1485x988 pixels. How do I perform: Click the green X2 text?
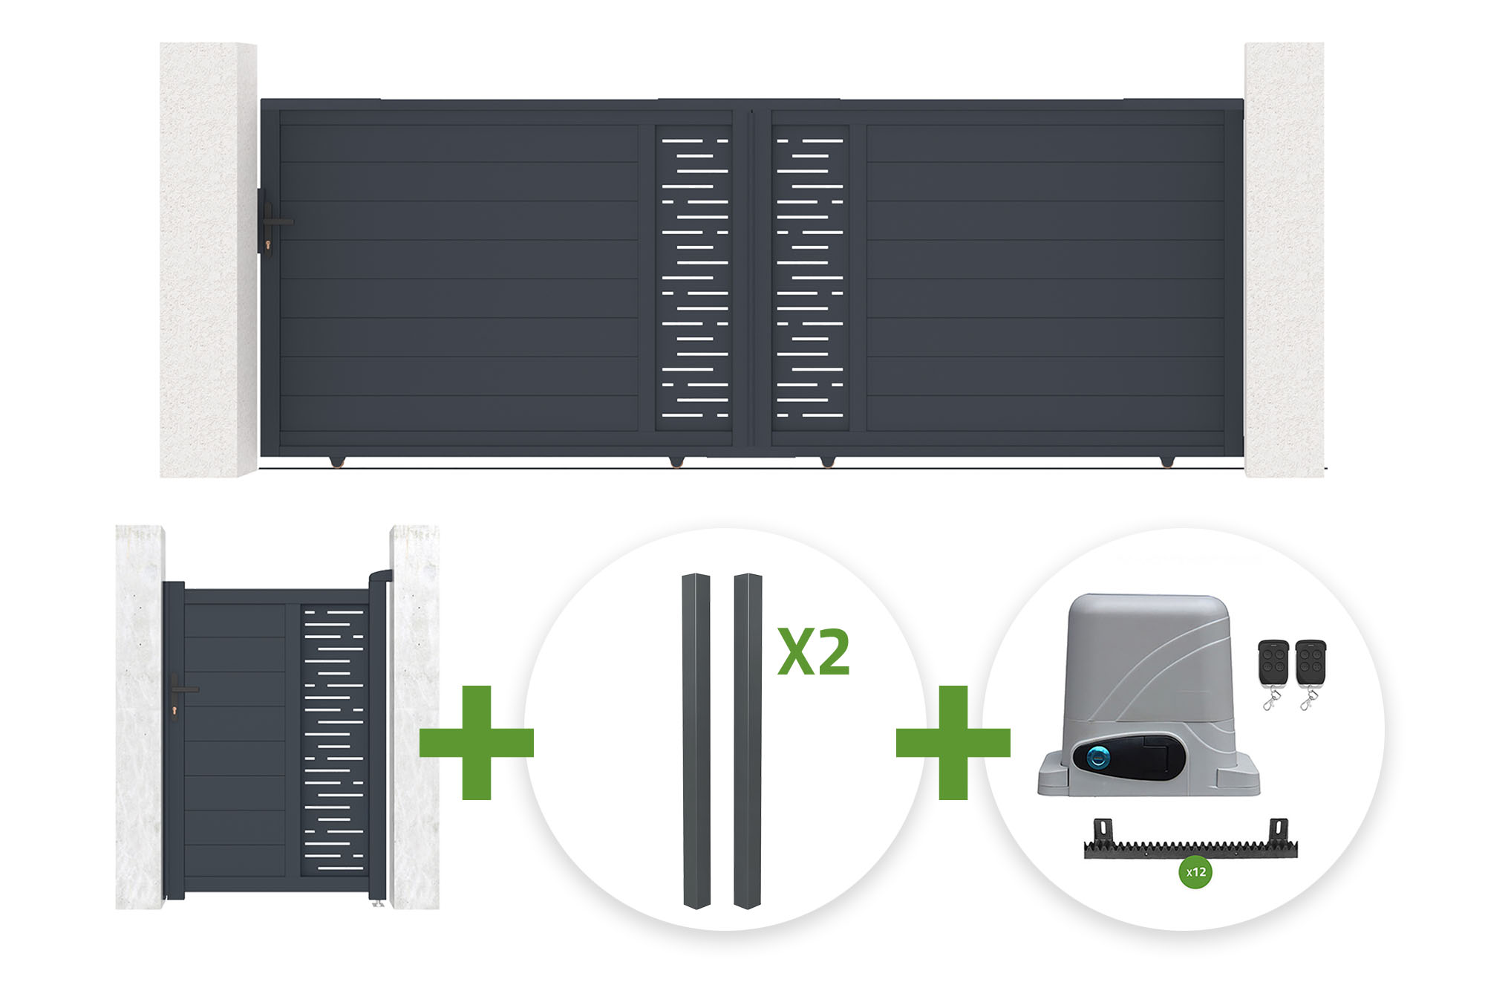point(814,652)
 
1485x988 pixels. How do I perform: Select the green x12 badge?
point(1195,872)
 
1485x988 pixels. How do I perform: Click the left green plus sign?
point(477,742)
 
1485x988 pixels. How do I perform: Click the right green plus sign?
point(953,742)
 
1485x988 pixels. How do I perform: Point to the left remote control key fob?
point(1273,673)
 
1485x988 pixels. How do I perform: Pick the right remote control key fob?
point(1310,673)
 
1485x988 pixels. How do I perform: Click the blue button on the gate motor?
point(1098,758)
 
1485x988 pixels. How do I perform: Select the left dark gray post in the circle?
point(696,741)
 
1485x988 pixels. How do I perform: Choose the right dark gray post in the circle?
point(748,741)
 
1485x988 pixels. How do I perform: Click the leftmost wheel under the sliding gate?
point(338,462)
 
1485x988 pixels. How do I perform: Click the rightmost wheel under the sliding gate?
point(1167,462)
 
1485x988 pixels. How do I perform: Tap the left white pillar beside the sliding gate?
point(209,259)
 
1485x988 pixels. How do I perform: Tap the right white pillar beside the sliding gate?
point(1285,259)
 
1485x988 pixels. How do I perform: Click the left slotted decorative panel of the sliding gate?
point(693,278)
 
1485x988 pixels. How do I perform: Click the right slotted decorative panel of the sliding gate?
point(810,278)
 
